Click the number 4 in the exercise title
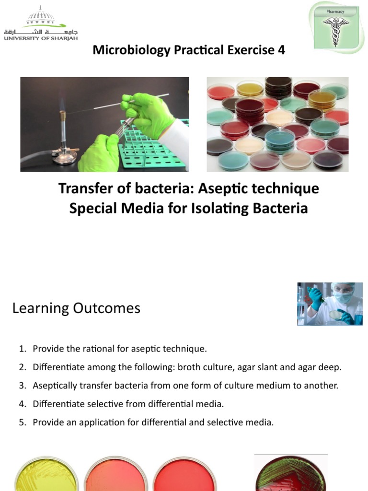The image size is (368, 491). tap(281, 50)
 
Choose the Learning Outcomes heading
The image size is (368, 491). tap(76, 308)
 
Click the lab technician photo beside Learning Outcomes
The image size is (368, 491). tap(329, 304)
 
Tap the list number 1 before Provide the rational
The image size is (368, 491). tap(22, 349)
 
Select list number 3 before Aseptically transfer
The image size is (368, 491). tap(22, 386)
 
